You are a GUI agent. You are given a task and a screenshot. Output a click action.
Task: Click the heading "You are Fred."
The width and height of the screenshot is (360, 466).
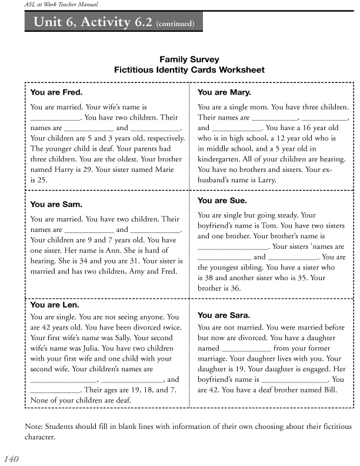(56, 93)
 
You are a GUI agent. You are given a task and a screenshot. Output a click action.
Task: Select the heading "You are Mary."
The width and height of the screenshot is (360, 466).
(224, 93)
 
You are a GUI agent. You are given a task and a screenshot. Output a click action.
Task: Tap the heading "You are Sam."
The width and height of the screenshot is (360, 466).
(56, 205)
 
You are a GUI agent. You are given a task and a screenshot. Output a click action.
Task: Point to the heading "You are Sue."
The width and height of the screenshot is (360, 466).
(223, 201)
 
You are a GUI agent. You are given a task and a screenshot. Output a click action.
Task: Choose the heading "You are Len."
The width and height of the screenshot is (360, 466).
(55, 305)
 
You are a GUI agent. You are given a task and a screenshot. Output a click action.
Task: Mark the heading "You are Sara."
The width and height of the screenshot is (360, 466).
(224, 315)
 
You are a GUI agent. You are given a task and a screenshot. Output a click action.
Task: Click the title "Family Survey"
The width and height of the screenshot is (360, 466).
(189, 59)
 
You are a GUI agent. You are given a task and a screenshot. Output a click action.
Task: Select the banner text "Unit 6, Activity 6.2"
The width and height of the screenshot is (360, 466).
(94, 23)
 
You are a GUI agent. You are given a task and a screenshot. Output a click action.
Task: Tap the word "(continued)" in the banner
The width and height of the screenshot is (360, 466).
(179, 25)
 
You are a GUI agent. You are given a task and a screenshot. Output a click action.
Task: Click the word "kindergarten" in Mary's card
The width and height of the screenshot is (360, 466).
(223, 159)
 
